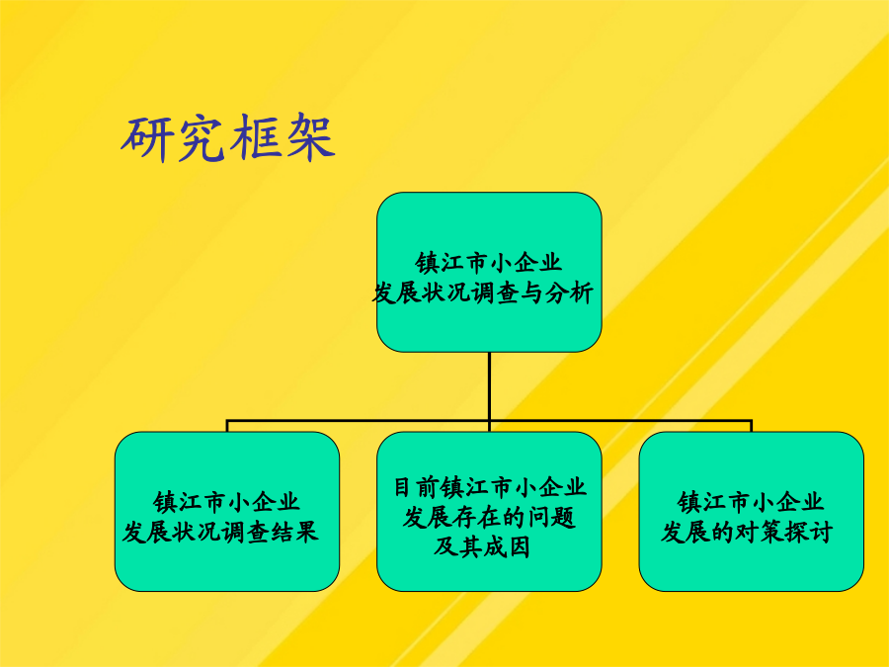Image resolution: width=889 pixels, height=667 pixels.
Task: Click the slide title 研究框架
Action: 228,137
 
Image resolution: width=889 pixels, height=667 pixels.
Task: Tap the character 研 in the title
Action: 146,137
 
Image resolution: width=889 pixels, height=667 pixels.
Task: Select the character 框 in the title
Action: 256,137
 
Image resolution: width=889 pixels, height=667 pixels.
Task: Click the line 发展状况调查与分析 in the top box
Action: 482,292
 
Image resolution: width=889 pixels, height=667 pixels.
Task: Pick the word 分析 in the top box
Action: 569,292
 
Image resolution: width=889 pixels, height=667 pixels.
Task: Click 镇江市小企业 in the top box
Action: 489,263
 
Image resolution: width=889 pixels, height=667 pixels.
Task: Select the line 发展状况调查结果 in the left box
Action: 220,532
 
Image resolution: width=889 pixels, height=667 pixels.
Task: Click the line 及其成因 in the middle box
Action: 482,546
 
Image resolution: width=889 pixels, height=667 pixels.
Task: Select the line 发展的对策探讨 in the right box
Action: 747,532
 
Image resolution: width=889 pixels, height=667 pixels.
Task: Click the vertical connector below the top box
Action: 489,386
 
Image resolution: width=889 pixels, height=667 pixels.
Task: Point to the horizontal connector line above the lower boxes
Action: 489,421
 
